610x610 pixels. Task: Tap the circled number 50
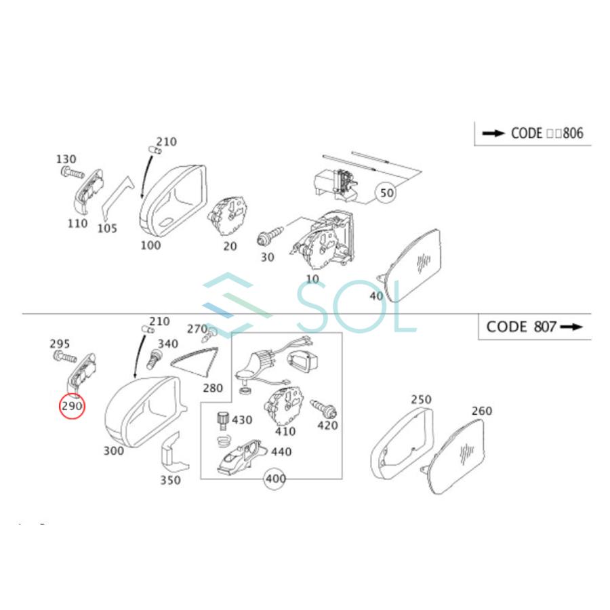(x=386, y=193)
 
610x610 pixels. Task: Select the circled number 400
(x=275, y=479)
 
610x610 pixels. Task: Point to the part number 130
(x=66, y=159)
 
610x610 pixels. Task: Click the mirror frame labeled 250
(x=400, y=441)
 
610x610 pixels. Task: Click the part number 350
(x=170, y=481)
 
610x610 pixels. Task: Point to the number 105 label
(x=106, y=228)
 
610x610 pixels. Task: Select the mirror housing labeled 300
(x=142, y=410)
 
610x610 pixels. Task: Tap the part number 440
(x=281, y=451)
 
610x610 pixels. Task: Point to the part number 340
(x=167, y=344)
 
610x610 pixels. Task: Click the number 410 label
(x=285, y=430)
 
